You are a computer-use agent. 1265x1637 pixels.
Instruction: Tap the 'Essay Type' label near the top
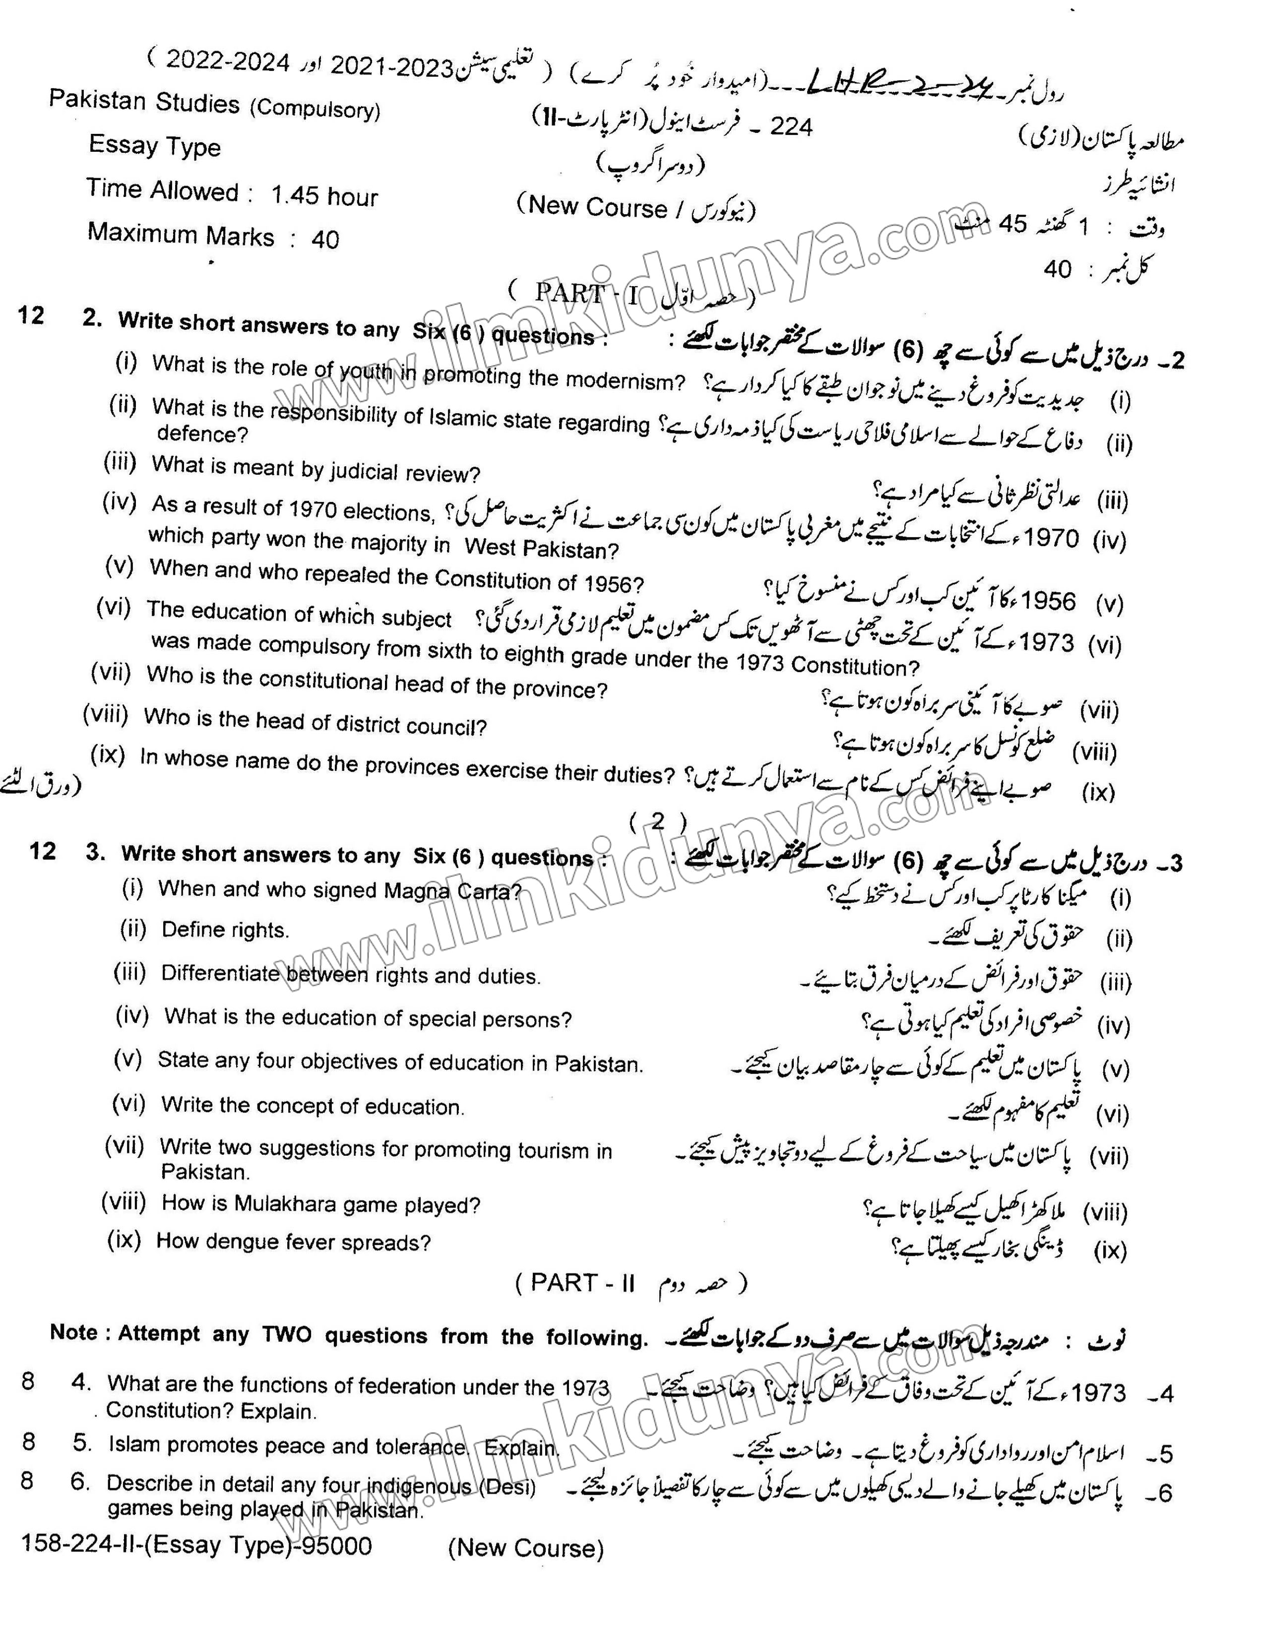click(x=154, y=145)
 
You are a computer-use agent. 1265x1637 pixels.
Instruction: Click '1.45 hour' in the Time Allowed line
click(x=324, y=196)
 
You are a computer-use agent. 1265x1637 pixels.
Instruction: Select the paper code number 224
click(x=791, y=126)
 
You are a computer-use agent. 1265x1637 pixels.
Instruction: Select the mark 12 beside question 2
click(x=31, y=315)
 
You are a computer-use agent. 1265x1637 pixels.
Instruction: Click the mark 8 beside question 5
click(x=28, y=1442)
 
